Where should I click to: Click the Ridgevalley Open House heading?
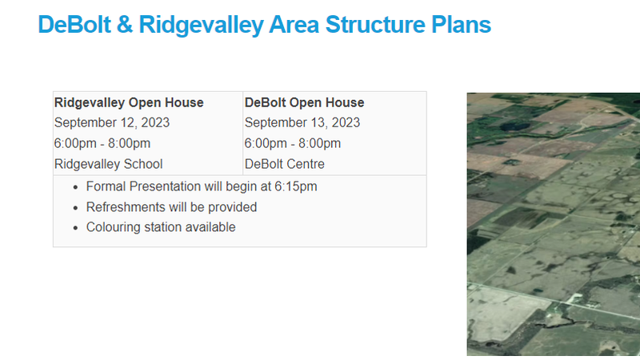pos(129,102)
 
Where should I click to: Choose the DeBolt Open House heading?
pos(304,102)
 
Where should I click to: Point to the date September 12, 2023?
pos(111,123)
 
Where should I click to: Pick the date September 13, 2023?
pos(302,123)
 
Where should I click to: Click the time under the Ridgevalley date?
pos(102,144)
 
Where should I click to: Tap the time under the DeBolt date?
pos(293,144)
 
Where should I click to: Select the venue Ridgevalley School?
pos(108,164)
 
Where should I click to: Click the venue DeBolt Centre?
pos(284,164)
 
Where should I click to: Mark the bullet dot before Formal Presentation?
pos(75,186)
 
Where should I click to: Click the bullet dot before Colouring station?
pos(75,228)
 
